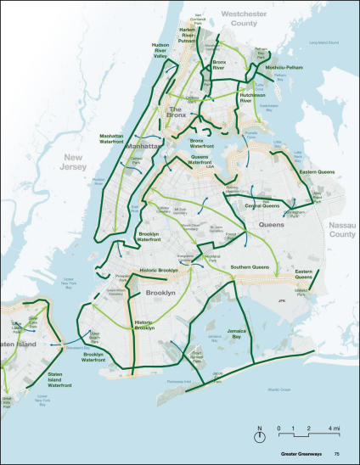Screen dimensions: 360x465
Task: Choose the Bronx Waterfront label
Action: point(201,143)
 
